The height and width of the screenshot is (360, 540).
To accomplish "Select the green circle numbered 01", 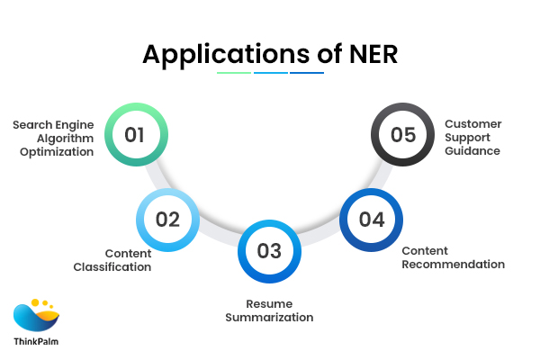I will [x=135, y=136].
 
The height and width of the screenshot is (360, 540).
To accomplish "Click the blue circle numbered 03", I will [x=269, y=251].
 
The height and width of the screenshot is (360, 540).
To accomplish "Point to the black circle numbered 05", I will [x=402, y=136].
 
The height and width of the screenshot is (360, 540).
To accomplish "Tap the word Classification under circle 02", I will [x=113, y=267].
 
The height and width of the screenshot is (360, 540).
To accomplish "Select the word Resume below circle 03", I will [x=269, y=303].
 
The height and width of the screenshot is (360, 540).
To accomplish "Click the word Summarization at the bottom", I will [x=269, y=318].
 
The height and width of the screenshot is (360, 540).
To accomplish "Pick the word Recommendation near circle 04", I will [x=453, y=265].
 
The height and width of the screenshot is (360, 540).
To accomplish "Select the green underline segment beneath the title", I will [x=234, y=73].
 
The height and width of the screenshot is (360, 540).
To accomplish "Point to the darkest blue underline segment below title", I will [x=306, y=73].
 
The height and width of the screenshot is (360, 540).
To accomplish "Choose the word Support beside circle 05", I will [x=468, y=138].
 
